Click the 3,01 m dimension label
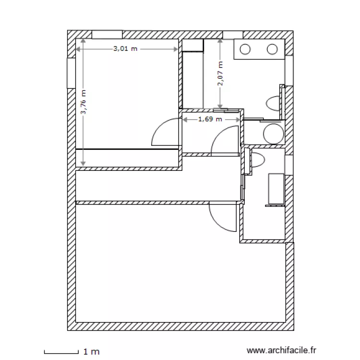click(125, 48)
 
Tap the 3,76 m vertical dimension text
click(84, 102)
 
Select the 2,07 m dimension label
click(220, 74)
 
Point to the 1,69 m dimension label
click(210, 119)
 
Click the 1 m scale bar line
click(61, 352)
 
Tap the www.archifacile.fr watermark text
click(281, 350)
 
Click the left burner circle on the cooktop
click(245, 49)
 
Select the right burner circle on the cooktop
click(272, 49)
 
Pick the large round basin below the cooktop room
click(274, 134)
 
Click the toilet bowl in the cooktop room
click(273, 104)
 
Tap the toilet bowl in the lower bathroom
click(258, 160)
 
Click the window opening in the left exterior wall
click(71, 73)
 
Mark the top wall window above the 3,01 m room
click(107, 35)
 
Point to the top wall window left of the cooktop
click(233, 35)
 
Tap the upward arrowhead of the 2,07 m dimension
click(220, 41)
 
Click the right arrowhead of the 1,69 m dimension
click(238, 120)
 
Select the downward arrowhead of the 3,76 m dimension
click(83, 164)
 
